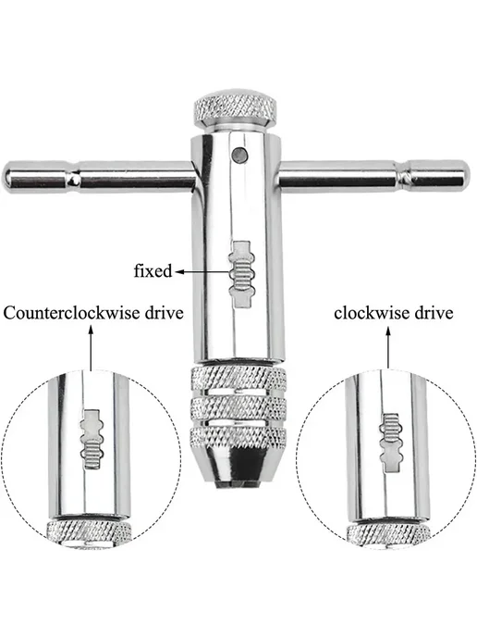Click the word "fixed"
153,271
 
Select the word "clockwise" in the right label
372,313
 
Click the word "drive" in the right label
434,313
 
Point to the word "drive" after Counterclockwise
164,313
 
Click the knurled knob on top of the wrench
236,109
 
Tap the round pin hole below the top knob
239,155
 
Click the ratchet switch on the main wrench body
242,274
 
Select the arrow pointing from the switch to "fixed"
202,272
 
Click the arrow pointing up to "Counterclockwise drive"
91,348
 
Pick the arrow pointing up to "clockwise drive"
388,348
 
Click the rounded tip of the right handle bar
466,176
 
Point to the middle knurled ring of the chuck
238,408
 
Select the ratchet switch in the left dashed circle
92,439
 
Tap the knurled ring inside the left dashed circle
89,531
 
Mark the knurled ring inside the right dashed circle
387,534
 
